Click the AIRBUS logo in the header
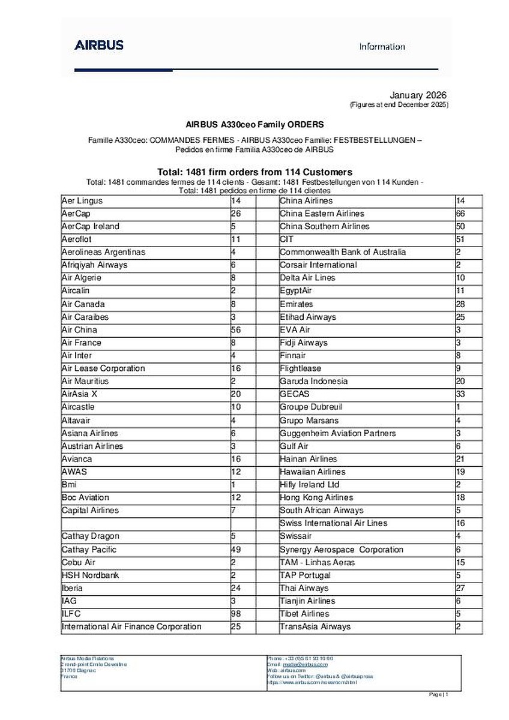(x=99, y=45)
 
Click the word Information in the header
(x=382, y=47)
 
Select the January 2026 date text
(x=418, y=95)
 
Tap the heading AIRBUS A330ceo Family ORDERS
(x=254, y=125)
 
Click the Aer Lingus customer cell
(x=82, y=201)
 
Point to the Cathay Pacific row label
(x=89, y=550)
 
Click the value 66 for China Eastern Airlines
(x=460, y=214)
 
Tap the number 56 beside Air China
(x=235, y=330)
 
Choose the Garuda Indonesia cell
(x=313, y=382)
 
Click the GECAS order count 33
(x=460, y=394)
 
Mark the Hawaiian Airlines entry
(x=312, y=472)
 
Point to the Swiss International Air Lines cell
(x=333, y=523)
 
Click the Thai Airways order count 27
(x=460, y=588)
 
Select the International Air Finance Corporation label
(x=131, y=626)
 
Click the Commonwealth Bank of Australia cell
(x=342, y=252)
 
